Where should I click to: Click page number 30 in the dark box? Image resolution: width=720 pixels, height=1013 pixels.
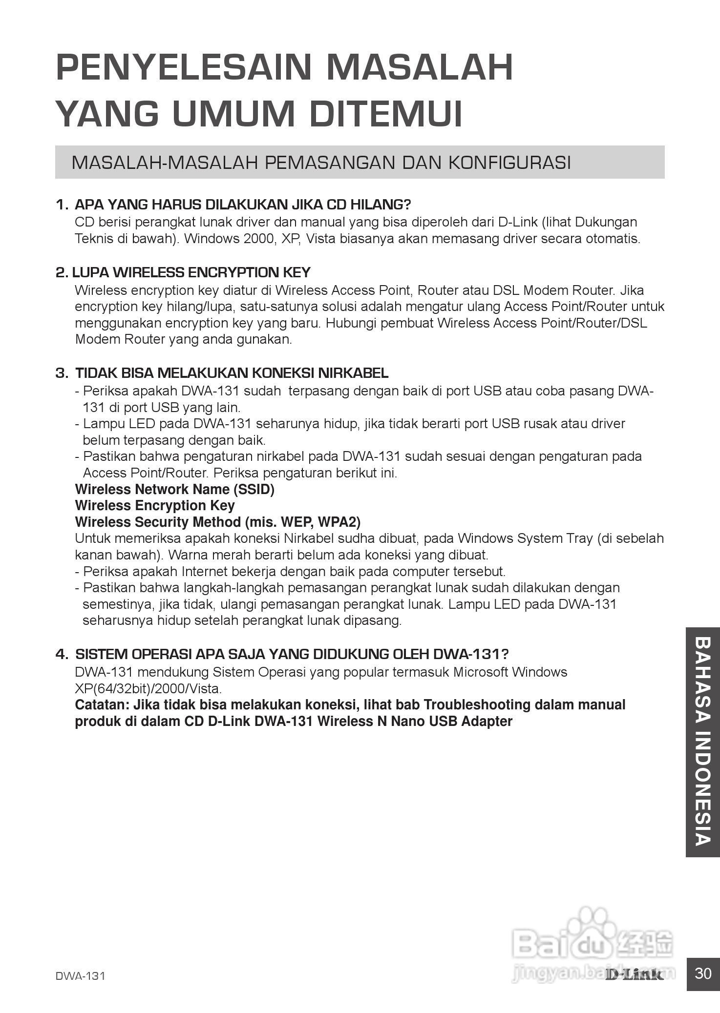pyautogui.click(x=703, y=973)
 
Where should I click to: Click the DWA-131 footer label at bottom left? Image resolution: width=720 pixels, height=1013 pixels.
pyautogui.click(x=80, y=976)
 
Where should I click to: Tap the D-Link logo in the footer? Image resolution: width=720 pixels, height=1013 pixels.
pyautogui.click(x=634, y=975)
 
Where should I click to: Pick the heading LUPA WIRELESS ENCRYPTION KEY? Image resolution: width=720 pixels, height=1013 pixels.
pyautogui.click(x=191, y=272)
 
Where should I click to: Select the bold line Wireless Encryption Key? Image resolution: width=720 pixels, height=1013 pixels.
pyautogui.click(x=155, y=505)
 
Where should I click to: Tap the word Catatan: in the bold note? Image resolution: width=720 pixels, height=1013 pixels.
pyautogui.click(x=102, y=705)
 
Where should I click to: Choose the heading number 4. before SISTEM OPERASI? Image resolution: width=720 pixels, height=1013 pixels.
pyautogui.click(x=62, y=654)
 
